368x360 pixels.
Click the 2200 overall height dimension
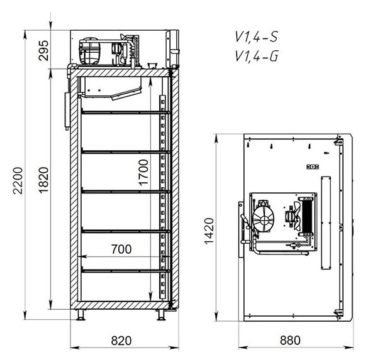(x=18, y=180)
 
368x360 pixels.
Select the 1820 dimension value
(x=43, y=180)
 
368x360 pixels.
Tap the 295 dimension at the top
(x=43, y=51)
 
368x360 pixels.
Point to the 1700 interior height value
(x=143, y=173)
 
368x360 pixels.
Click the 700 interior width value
(x=121, y=249)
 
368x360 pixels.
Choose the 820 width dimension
(x=121, y=341)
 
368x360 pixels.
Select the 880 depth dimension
(x=290, y=341)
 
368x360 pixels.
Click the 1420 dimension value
(x=209, y=231)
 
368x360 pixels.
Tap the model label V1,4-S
(x=257, y=37)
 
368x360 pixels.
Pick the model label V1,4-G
(x=257, y=57)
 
